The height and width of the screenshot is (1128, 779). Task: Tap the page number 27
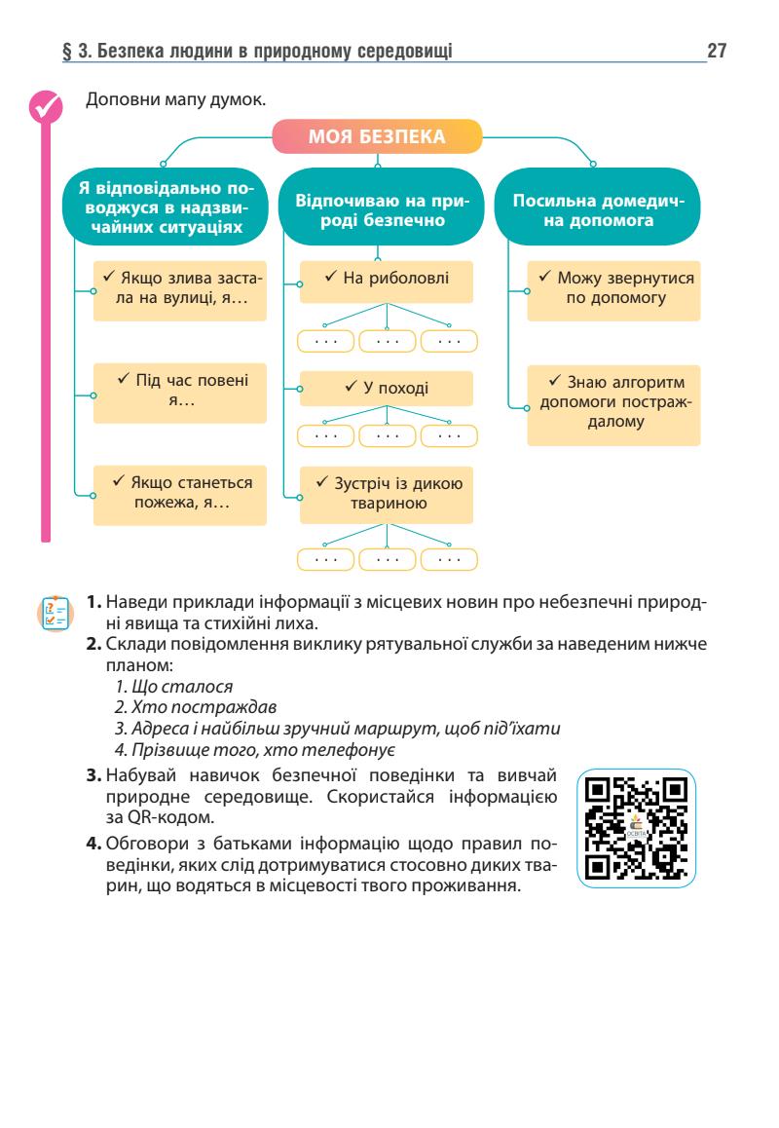coord(718,49)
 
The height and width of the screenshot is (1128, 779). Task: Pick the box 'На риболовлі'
coord(387,280)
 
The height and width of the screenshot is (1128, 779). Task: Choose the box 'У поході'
coord(387,388)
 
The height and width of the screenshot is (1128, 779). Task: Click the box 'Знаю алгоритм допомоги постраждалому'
coord(614,406)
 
